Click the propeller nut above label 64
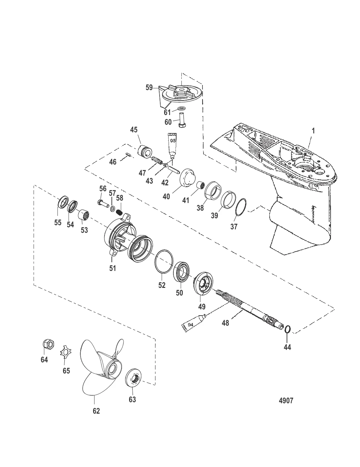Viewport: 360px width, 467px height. click(x=48, y=344)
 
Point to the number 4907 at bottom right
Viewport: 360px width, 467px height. click(x=286, y=401)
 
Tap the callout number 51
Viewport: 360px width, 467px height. click(x=112, y=268)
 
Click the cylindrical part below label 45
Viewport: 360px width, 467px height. click(x=144, y=151)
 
